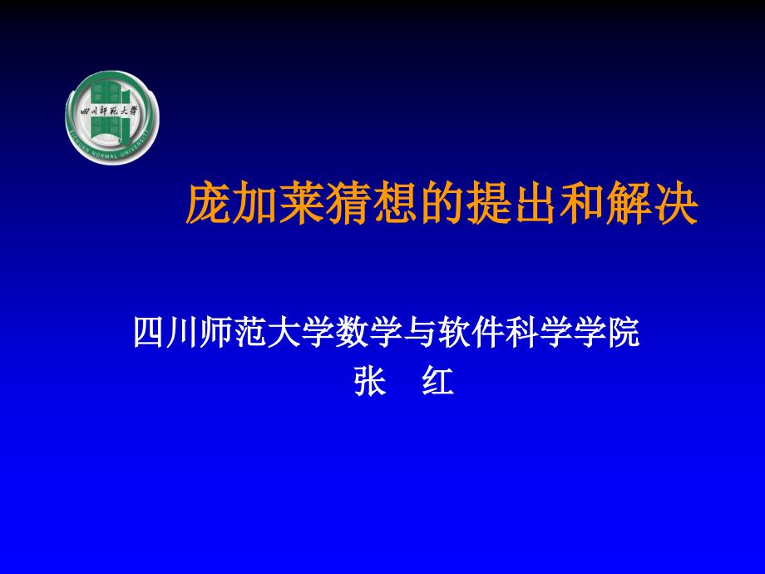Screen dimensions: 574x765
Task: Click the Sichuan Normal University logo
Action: coord(111,116)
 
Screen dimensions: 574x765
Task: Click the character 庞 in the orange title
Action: coord(207,205)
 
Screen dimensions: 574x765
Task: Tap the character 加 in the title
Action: coord(254,205)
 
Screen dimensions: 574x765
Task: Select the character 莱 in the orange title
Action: coord(300,205)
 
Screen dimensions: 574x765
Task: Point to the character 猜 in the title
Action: coord(347,205)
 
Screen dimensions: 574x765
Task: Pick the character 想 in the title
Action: coord(393,205)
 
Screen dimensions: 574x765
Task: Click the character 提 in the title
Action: coord(486,205)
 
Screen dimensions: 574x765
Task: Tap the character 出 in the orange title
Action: coord(533,205)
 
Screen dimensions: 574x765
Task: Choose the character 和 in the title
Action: coord(580,205)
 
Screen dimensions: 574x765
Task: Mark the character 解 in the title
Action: coord(626,205)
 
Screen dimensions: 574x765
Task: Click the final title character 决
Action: coord(673,205)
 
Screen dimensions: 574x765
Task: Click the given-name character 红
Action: coord(438,383)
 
